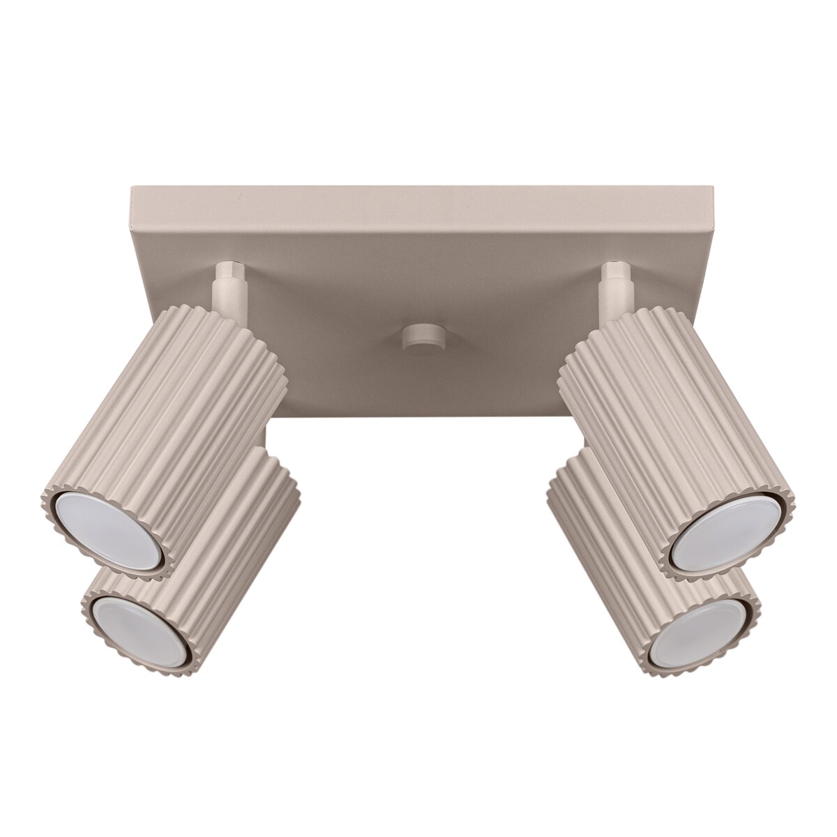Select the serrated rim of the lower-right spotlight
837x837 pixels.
click(x=750, y=631)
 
